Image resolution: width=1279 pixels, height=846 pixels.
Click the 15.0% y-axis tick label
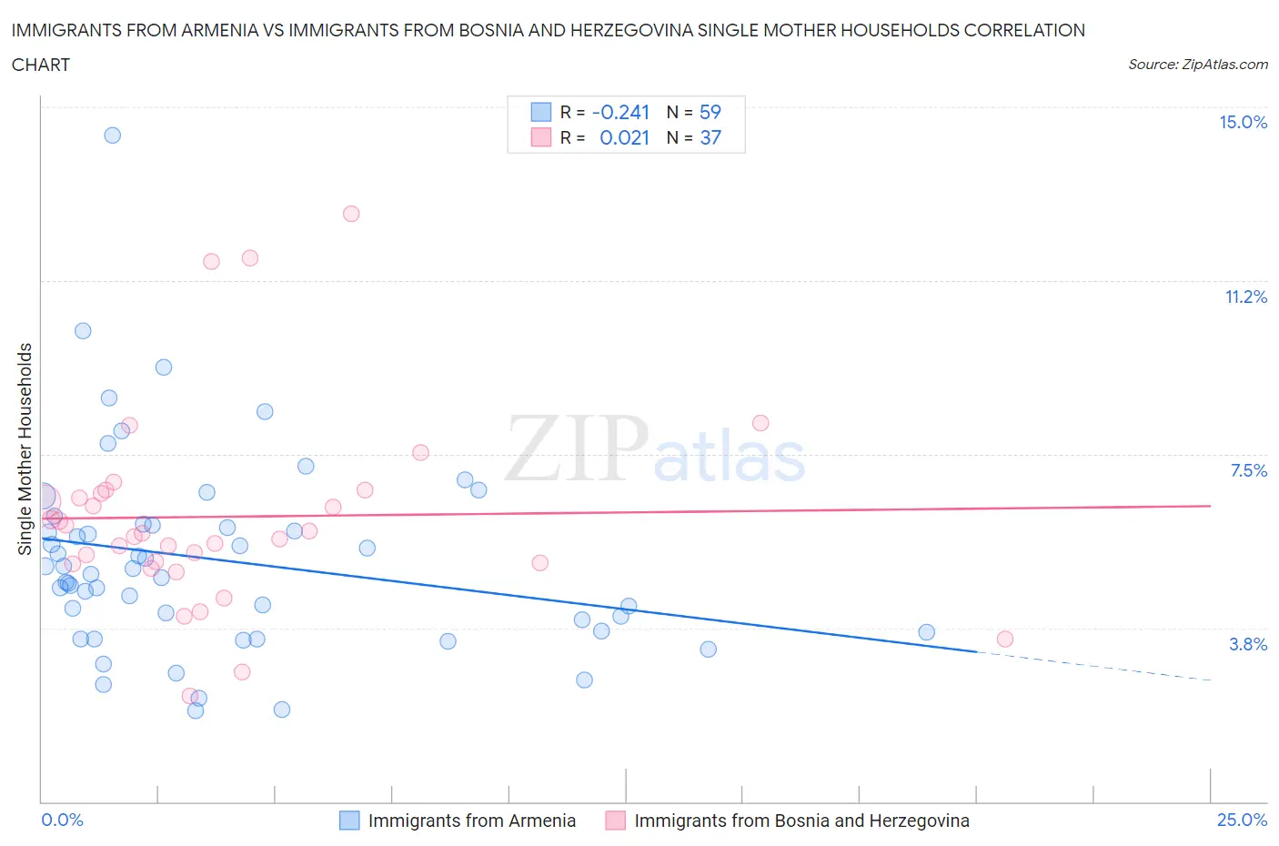click(x=1243, y=123)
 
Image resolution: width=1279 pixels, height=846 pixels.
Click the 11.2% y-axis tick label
click(x=1245, y=297)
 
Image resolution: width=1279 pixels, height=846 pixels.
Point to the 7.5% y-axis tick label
click(x=1248, y=470)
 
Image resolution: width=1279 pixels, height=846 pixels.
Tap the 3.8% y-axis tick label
click(x=1248, y=644)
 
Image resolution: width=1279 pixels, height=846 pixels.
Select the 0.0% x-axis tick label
click(x=62, y=820)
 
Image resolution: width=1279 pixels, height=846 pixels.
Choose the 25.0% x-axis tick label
click(x=1242, y=820)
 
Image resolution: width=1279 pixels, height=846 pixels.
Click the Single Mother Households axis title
click(x=25, y=448)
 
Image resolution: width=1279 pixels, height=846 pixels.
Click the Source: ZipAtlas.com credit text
click(x=1197, y=65)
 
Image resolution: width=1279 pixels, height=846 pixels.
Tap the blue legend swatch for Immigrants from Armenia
click(x=349, y=821)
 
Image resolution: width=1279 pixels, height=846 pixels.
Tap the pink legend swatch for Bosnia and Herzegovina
click(x=616, y=821)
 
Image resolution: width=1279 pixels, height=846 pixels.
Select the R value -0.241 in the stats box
click(x=620, y=112)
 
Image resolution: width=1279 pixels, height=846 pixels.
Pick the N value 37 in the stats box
click(x=710, y=137)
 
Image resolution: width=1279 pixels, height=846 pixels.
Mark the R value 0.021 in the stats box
click(x=624, y=137)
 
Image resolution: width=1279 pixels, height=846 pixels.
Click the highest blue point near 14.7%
click(x=112, y=136)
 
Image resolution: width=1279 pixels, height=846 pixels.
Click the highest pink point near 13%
click(x=351, y=214)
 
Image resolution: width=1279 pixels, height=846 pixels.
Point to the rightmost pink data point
click(x=1004, y=639)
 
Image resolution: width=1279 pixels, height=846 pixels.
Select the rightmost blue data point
click(x=926, y=632)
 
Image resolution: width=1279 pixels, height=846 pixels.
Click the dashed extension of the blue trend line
click(x=1092, y=667)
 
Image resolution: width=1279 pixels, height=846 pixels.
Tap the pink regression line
click(x=637, y=511)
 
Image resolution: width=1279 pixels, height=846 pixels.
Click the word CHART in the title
click(x=41, y=65)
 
